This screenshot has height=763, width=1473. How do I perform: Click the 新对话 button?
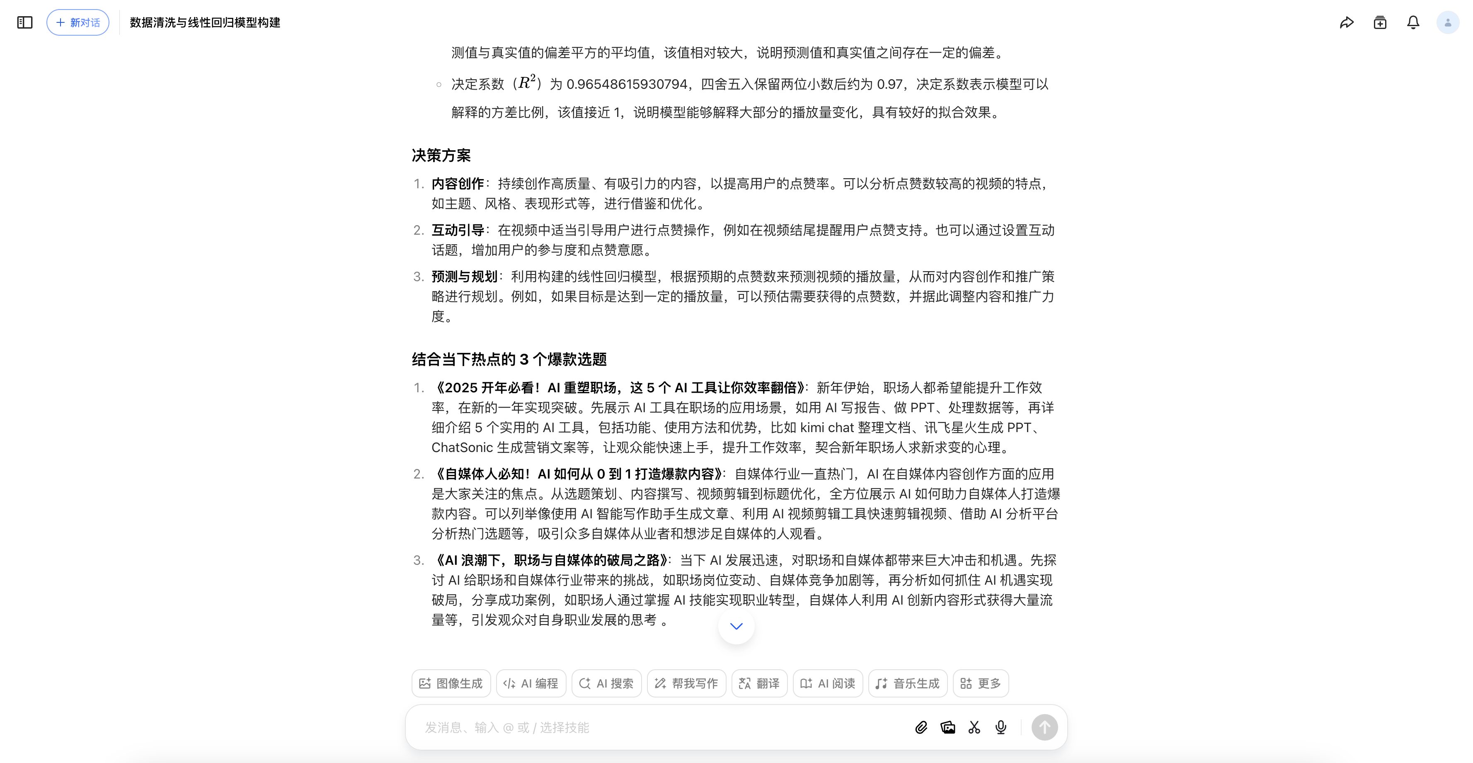tap(78, 22)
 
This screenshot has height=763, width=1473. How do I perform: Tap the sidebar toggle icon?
tap(24, 22)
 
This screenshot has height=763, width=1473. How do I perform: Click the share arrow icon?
tap(1347, 22)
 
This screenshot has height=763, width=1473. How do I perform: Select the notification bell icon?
tap(1413, 22)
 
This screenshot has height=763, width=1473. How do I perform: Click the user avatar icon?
tap(1448, 22)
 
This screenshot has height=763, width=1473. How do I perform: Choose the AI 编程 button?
tap(531, 683)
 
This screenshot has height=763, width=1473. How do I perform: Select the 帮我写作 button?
tap(686, 683)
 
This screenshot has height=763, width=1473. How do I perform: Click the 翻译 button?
tap(759, 683)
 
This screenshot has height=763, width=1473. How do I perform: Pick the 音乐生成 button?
tap(908, 683)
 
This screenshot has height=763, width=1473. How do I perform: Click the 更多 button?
tap(981, 683)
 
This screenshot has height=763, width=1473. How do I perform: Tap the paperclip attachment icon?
tap(921, 727)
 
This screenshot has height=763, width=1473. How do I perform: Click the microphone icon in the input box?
tap(1001, 727)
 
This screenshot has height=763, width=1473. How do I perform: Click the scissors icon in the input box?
tap(974, 727)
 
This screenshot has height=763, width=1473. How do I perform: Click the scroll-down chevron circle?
tap(736, 626)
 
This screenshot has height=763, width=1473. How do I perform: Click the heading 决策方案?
tap(441, 156)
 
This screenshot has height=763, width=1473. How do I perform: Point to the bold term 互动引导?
tap(458, 230)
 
